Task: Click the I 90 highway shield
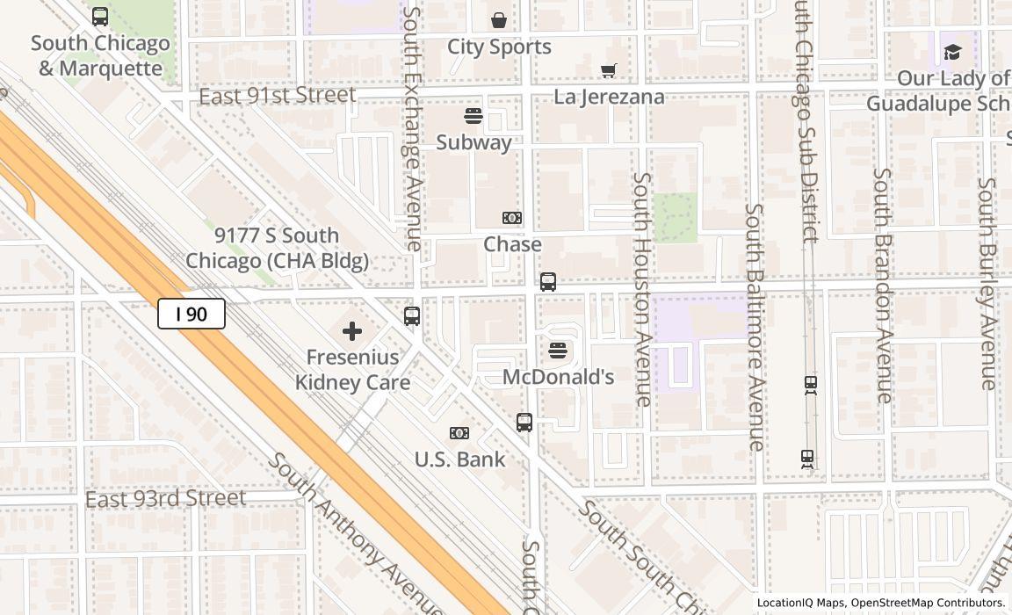click(x=192, y=314)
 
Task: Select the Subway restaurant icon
click(x=473, y=117)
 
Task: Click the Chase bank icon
click(x=512, y=218)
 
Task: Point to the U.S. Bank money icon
click(x=459, y=433)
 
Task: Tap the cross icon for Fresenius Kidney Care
click(x=352, y=331)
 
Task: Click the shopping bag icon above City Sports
click(x=499, y=20)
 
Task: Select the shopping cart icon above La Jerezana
click(x=608, y=70)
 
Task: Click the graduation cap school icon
click(x=952, y=53)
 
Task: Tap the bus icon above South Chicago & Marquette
click(x=100, y=17)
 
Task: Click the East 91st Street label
click(x=278, y=95)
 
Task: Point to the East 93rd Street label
click(x=165, y=499)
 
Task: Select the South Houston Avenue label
click(x=643, y=289)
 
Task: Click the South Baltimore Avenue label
click(x=755, y=327)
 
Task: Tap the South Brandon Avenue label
click(x=883, y=285)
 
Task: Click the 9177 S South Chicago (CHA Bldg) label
click(x=277, y=249)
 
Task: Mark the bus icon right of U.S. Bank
click(x=524, y=423)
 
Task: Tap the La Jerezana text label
click(x=609, y=97)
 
